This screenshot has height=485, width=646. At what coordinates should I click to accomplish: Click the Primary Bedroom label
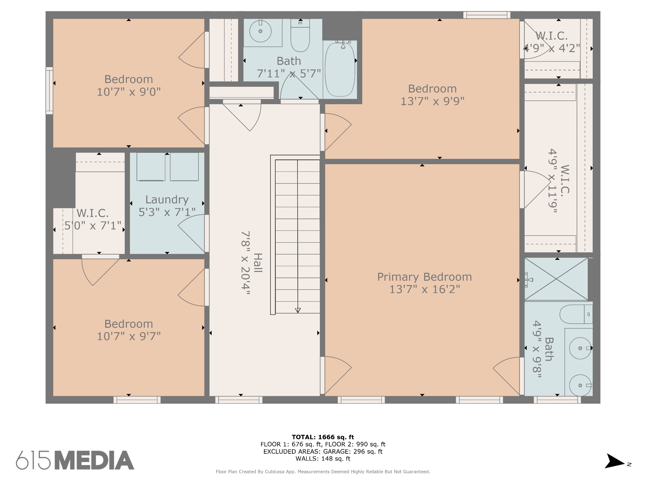pyautogui.click(x=425, y=277)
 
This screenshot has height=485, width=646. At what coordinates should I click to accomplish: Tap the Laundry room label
pyautogui.click(x=167, y=200)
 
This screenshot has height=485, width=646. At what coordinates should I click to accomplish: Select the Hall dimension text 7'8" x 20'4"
pyautogui.click(x=246, y=263)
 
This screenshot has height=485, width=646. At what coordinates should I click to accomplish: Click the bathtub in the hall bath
pyautogui.click(x=340, y=69)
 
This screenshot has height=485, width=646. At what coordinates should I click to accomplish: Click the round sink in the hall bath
pyautogui.click(x=260, y=31)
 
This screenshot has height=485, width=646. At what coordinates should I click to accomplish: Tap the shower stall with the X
pyautogui.click(x=556, y=279)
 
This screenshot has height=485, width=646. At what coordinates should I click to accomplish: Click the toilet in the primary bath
pyautogui.click(x=576, y=314)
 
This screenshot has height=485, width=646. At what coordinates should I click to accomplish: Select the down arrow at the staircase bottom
pyautogui.click(x=298, y=310)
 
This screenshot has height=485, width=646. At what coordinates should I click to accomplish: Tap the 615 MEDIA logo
pyautogui.click(x=75, y=460)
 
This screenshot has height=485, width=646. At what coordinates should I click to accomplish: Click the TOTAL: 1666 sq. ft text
pyautogui.click(x=323, y=437)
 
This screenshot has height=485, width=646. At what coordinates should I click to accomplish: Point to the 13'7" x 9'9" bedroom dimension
pyautogui.click(x=432, y=101)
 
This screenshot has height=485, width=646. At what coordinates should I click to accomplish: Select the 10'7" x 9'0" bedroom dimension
pyautogui.click(x=129, y=92)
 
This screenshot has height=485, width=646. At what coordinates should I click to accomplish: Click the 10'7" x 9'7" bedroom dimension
pyautogui.click(x=129, y=336)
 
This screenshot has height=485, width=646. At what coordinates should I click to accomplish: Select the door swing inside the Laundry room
pyautogui.click(x=191, y=233)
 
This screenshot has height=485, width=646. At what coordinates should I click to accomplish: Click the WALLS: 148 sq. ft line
pyautogui.click(x=323, y=458)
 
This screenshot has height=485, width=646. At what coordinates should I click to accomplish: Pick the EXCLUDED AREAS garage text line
pyautogui.click(x=323, y=452)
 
